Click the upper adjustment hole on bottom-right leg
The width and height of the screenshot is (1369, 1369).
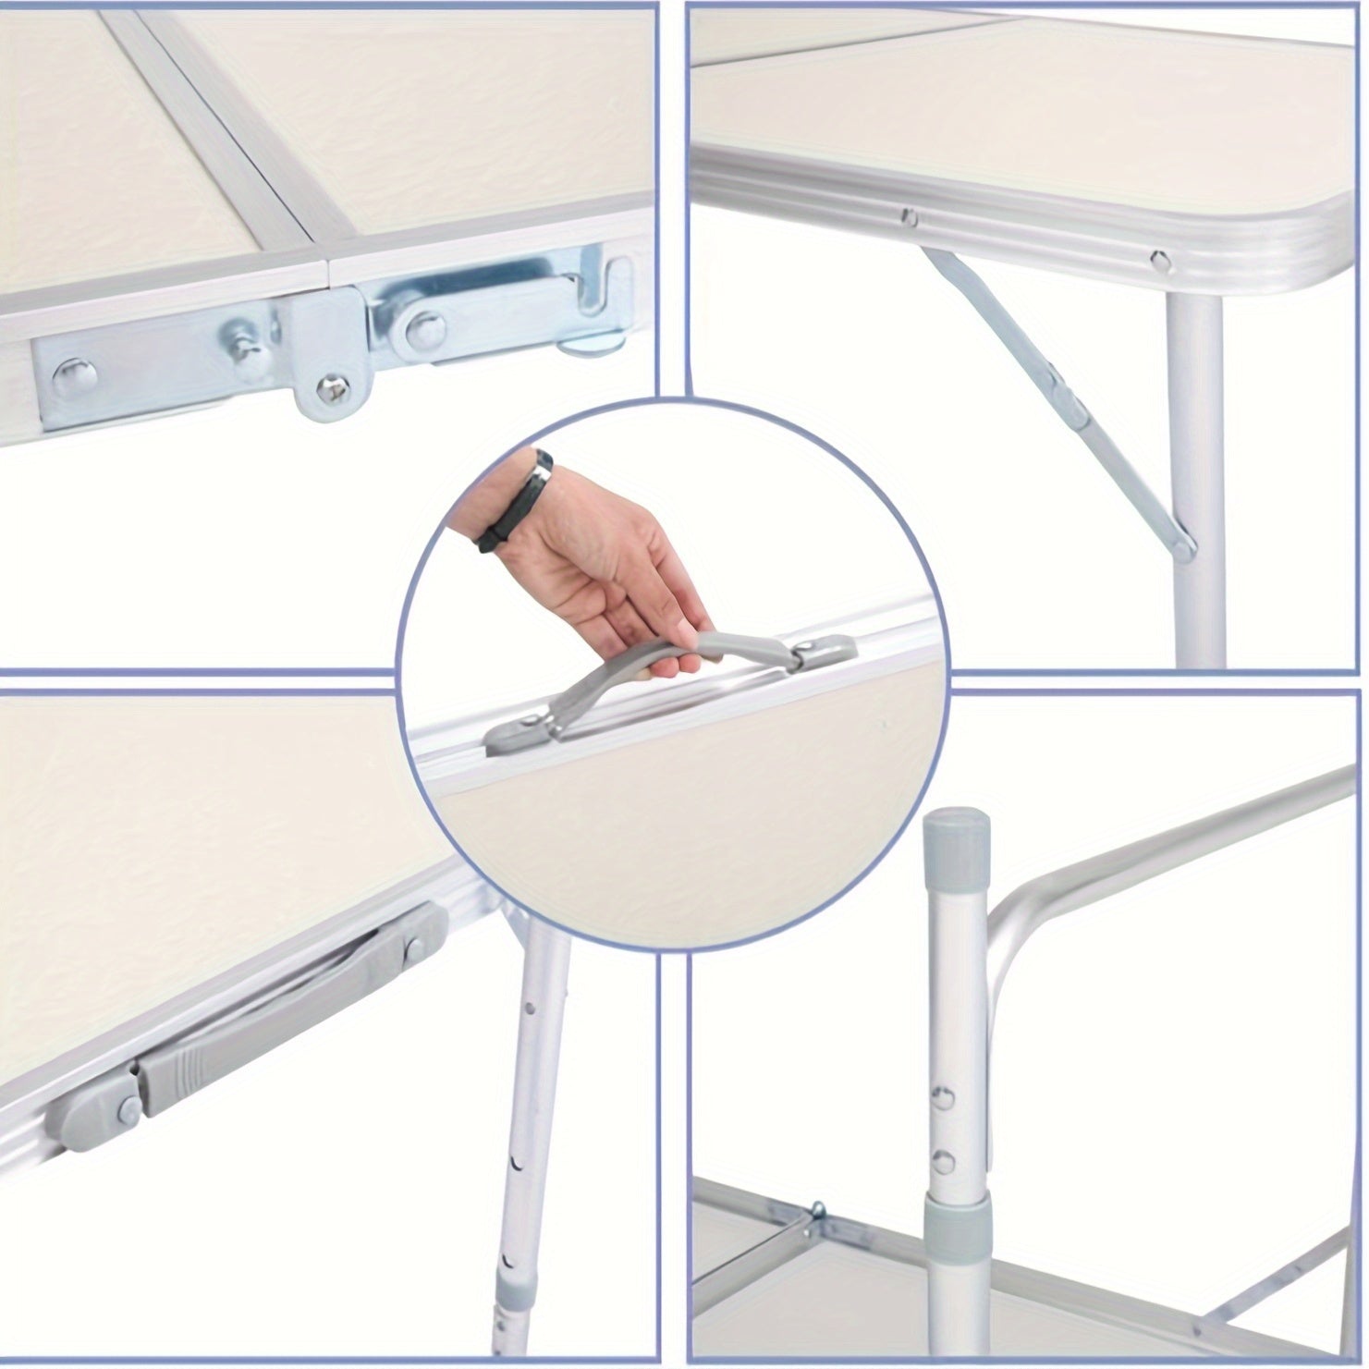click(943, 1098)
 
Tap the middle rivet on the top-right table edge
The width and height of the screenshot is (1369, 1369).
click(911, 216)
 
